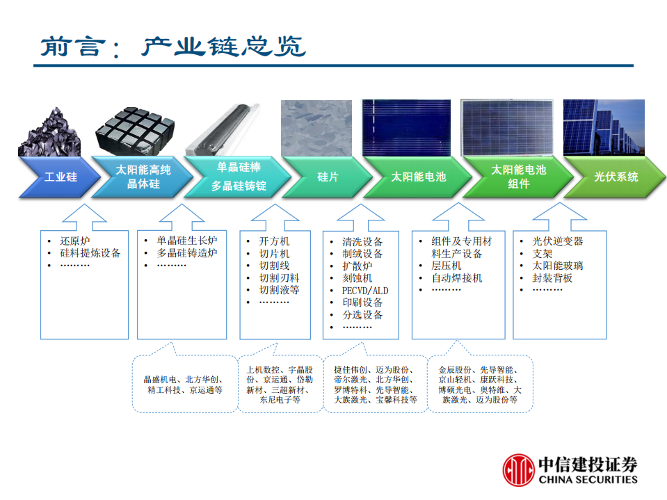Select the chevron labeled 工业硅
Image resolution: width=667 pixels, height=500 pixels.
pos(61,177)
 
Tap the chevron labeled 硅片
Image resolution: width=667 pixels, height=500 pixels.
pos(327,177)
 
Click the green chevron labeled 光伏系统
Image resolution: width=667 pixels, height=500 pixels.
pos(616,177)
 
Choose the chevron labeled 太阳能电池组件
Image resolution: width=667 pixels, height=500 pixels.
pos(518,177)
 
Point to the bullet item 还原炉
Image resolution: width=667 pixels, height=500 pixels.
pos(74,241)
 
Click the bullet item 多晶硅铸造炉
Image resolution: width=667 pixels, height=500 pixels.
pos(187,254)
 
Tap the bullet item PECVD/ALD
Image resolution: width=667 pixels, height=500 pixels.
pos(365,291)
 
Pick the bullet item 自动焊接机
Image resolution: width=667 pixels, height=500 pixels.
pos(457,278)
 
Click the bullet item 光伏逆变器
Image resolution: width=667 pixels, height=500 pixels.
pos(558,241)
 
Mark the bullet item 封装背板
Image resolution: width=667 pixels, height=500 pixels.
pos(553,278)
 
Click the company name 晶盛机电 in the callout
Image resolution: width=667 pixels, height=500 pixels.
pos(161,380)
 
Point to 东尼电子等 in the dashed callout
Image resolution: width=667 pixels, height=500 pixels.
pos(280,400)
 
